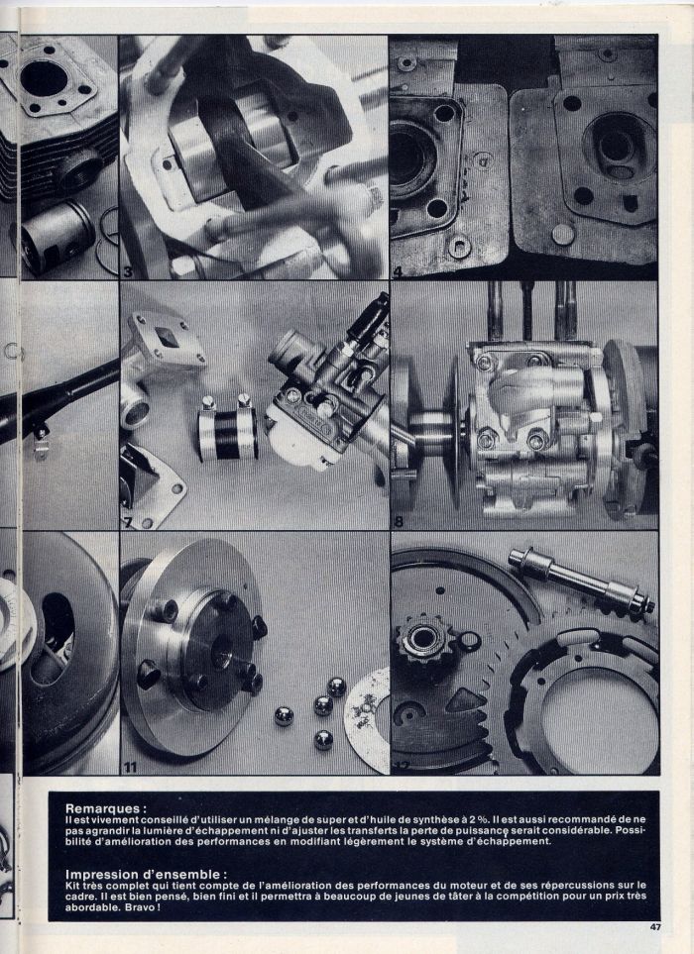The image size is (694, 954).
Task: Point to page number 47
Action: (655, 927)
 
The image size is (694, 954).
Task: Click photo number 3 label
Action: (128, 272)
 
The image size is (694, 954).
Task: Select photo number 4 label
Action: (398, 272)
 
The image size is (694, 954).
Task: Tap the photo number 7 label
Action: (127, 522)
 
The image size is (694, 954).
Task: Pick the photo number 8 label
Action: (399, 522)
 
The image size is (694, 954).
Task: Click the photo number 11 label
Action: (130, 768)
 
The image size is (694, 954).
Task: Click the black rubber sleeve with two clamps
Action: (227, 428)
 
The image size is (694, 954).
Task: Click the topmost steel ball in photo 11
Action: (336, 687)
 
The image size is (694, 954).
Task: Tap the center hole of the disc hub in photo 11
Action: (221, 652)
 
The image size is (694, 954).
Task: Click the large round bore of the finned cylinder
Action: (44, 79)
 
